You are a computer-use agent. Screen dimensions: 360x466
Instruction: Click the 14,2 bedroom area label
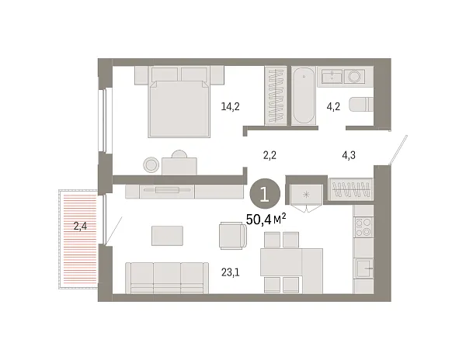coord(229,107)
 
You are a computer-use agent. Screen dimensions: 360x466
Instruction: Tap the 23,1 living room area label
coord(230,272)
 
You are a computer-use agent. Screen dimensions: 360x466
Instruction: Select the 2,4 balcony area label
coord(80,227)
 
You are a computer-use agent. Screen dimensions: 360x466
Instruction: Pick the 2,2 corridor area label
coord(270,155)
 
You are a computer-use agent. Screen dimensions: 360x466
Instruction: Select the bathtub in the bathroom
coord(303,95)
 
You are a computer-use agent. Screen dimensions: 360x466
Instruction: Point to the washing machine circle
coord(355,76)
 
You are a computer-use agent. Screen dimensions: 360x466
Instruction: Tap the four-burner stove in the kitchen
coord(363,227)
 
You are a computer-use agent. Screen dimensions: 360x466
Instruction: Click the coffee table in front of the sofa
coord(168,236)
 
